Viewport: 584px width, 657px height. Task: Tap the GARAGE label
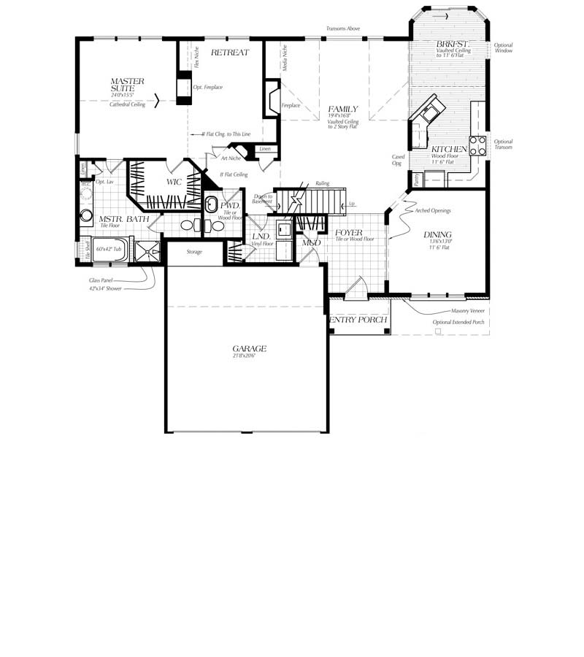(x=249, y=348)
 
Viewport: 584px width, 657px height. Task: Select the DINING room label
(x=437, y=234)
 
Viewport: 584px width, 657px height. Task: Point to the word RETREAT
(x=230, y=53)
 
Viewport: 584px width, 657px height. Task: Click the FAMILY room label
(x=342, y=109)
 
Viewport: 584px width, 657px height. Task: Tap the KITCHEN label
(x=449, y=149)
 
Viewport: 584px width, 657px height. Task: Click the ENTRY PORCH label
(x=358, y=320)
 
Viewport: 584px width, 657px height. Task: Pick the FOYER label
(x=349, y=232)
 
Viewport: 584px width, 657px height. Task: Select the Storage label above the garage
(x=194, y=252)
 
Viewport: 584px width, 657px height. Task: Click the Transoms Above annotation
(x=343, y=28)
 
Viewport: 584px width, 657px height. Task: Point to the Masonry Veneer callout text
(x=468, y=310)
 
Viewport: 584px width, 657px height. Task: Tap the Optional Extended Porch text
(x=458, y=322)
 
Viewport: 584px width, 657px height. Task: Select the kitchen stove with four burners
(x=477, y=145)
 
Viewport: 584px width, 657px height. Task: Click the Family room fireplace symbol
(x=272, y=98)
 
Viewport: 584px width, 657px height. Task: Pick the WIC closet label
(x=174, y=182)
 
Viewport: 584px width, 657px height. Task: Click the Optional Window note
(x=503, y=48)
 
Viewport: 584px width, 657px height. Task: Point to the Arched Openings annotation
(x=434, y=210)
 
